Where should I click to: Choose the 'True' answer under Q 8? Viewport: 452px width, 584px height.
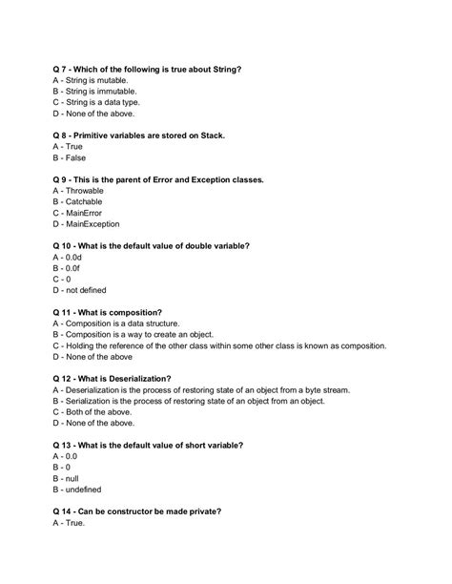click(x=74, y=147)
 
